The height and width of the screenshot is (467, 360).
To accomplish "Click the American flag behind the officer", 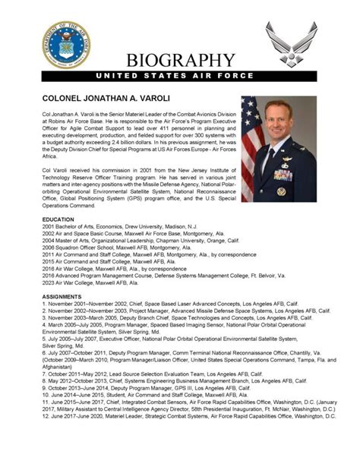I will point(254,137).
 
